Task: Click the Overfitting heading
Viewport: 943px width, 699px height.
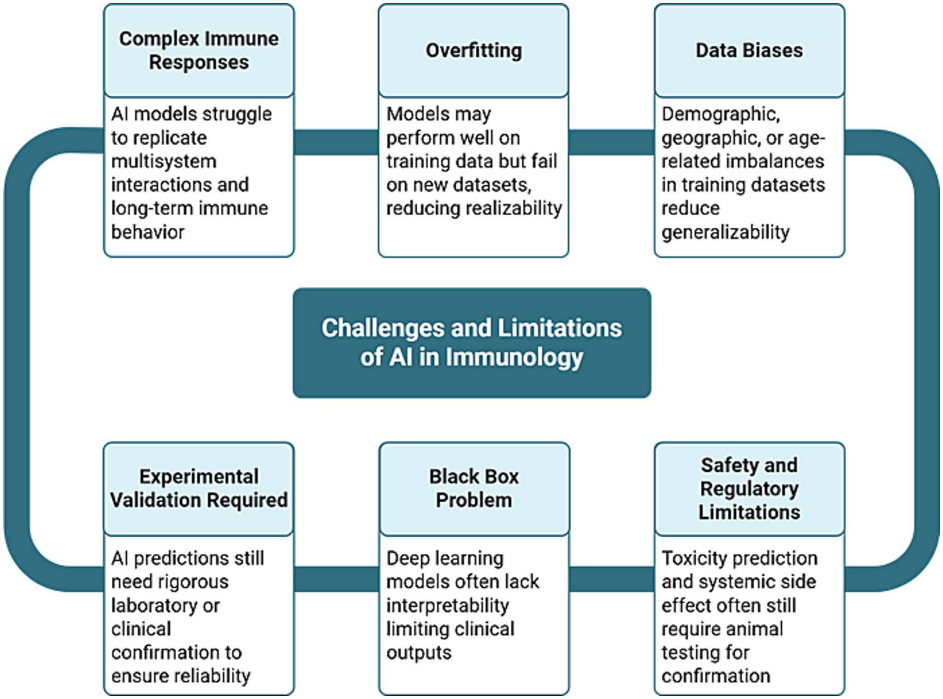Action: coord(473,50)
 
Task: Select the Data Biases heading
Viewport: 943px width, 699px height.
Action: coord(749,50)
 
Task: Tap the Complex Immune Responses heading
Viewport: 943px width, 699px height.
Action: coord(199,50)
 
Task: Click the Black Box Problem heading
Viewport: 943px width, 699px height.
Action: coord(474,488)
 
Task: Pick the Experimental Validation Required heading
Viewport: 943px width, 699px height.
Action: coord(199,488)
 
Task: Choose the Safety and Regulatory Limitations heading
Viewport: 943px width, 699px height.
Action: coord(749,488)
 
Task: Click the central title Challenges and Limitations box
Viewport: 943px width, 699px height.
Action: coord(471,343)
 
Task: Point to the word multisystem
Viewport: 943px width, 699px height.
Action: coord(164,161)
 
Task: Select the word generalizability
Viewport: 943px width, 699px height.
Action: coord(725,232)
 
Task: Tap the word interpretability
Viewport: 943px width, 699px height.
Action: coord(448,605)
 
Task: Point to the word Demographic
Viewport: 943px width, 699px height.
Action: coord(721,114)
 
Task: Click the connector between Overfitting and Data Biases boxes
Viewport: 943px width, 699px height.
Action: coord(611,142)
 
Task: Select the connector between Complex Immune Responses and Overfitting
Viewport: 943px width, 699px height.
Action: coord(336,142)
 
